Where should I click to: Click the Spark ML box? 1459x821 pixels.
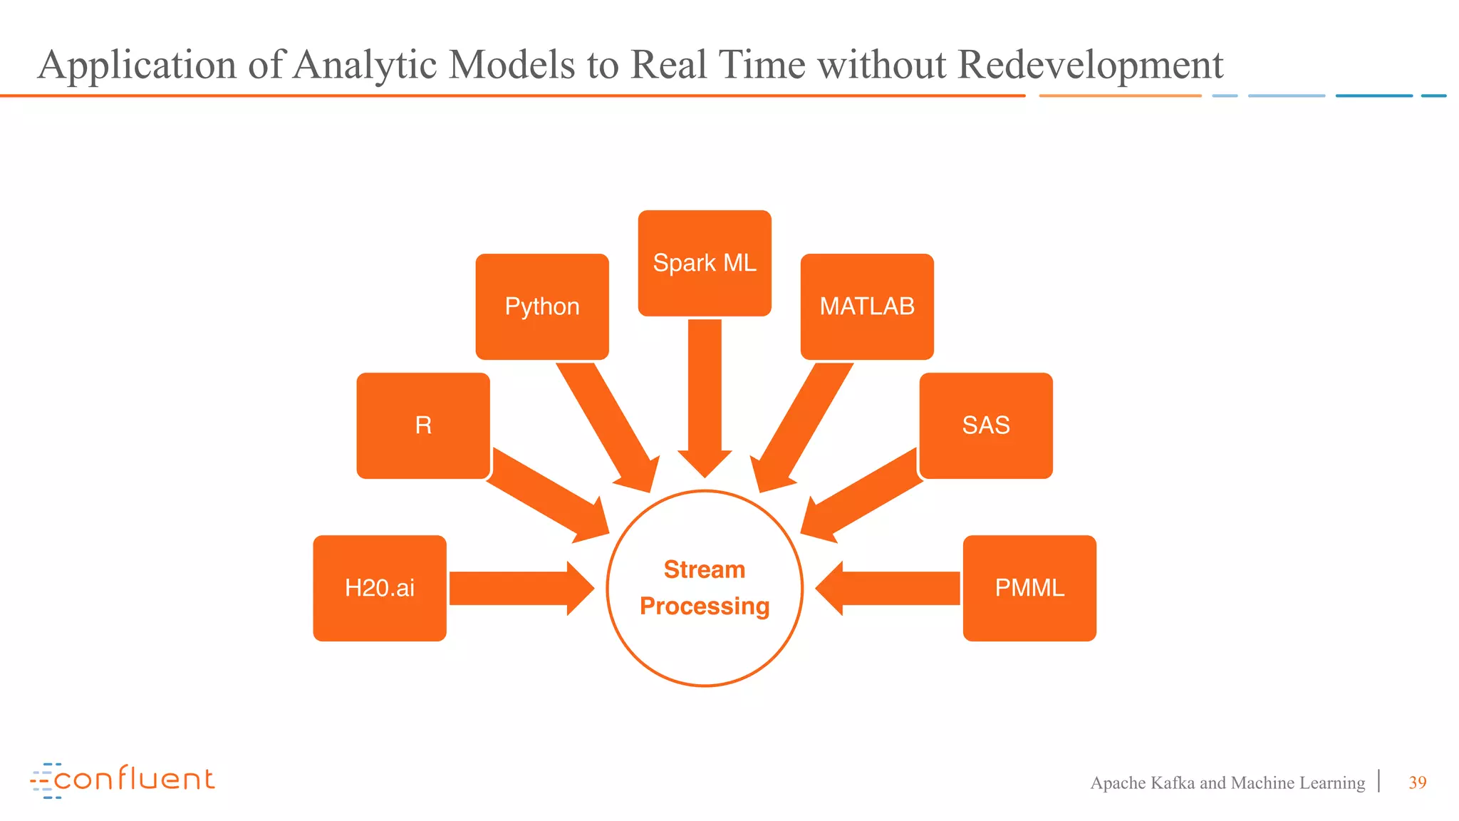705,263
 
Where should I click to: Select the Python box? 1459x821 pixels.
542,306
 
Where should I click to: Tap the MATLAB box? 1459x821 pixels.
867,306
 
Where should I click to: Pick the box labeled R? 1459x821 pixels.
423,425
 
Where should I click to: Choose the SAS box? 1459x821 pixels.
986,425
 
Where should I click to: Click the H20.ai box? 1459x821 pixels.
380,588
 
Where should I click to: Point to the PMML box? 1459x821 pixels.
1029,588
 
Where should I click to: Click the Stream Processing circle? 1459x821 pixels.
705,641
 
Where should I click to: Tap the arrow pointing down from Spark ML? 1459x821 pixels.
705,399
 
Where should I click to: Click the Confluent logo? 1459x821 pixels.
123,780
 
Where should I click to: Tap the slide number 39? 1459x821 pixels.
1417,783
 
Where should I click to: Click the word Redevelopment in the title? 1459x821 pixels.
1090,65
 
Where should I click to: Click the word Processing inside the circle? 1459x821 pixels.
705,606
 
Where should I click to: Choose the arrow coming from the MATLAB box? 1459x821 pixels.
803,428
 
